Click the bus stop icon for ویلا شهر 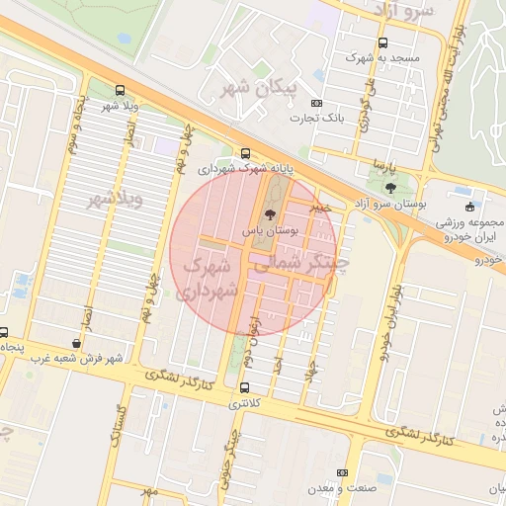[120, 89]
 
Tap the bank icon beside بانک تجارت [316, 103]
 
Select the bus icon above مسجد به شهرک [383, 42]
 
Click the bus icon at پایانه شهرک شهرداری [245, 153]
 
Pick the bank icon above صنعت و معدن [343, 473]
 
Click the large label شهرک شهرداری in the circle [208, 278]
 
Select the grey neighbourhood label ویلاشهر [117, 197]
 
